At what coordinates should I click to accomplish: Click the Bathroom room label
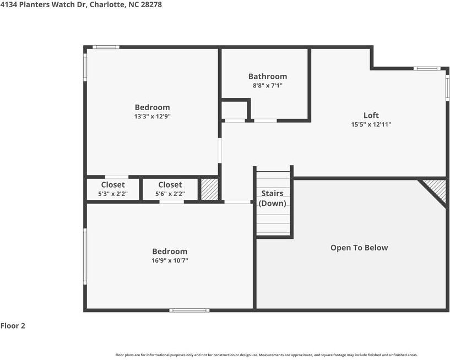pos(268,77)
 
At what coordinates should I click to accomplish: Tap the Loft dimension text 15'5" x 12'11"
pos(371,124)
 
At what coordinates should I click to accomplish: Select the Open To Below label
pos(359,248)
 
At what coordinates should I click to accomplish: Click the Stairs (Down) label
pos(272,198)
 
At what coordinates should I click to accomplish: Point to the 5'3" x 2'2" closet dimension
pos(113,194)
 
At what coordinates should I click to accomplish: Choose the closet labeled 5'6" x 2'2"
pos(170,189)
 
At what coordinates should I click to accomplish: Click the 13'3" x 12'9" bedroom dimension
pos(153,117)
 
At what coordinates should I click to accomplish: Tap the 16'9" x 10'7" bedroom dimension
pos(170,260)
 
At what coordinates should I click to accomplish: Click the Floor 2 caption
pos(13,326)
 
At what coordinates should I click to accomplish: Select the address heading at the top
pos(81,4)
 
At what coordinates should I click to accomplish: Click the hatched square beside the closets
pos(209,189)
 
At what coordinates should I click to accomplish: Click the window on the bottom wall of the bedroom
pos(189,310)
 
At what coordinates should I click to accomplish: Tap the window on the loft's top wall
pos(427,68)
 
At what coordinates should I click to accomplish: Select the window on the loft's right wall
pos(447,88)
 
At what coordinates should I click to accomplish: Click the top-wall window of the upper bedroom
pos(106,47)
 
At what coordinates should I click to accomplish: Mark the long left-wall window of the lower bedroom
pos(85,257)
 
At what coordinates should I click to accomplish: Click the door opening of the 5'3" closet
pos(117,177)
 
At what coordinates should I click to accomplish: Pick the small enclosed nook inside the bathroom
pos(234,110)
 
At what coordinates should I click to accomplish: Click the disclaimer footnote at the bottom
pos(267,355)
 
